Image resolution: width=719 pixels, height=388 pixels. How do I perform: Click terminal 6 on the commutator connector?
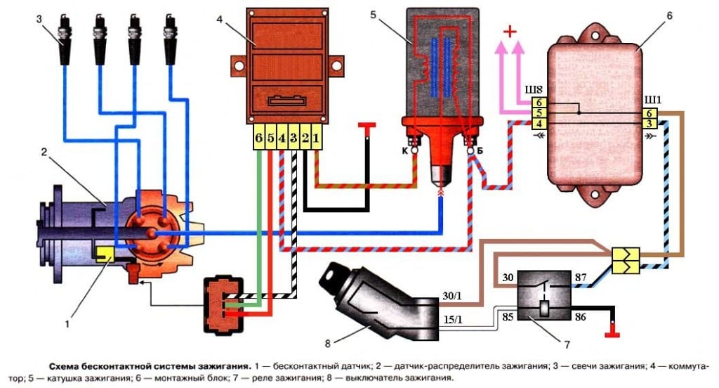(x=259, y=139)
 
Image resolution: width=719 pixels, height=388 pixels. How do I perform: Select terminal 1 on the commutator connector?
(x=317, y=139)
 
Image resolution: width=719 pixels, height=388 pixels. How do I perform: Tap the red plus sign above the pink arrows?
(x=511, y=32)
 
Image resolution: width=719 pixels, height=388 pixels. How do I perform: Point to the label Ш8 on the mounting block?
(x=534, y=90)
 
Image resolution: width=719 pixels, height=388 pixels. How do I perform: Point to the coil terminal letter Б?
(x=480, y=150)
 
